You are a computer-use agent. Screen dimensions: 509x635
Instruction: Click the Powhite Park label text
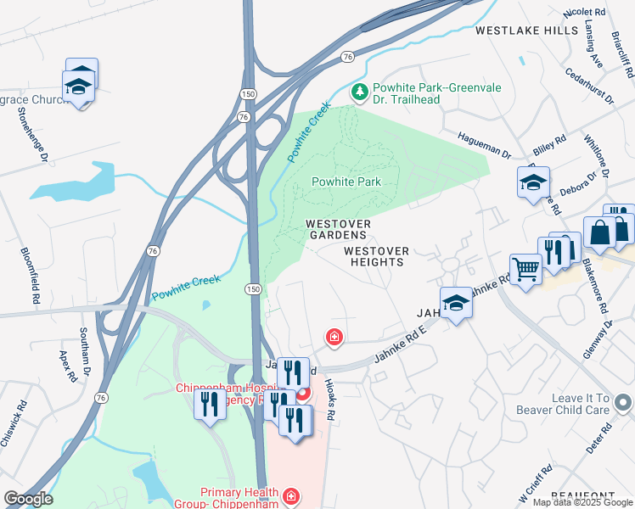click(346, 182)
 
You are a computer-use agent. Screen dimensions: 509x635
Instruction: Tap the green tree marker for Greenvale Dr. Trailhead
click(360, 92)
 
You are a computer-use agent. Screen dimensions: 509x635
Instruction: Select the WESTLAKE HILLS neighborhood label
click(525, 31)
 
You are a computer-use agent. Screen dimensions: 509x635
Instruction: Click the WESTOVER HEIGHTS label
click(376, 257)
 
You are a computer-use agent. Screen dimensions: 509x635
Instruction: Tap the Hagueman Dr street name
click(484, 143)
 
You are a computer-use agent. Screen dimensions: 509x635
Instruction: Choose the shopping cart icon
click(525, 270)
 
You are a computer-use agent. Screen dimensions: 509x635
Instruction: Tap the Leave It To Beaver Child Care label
click(563, 404)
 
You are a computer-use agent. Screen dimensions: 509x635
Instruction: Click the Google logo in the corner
click(28, 499)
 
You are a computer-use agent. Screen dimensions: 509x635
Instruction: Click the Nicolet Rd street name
click(584, 14)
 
